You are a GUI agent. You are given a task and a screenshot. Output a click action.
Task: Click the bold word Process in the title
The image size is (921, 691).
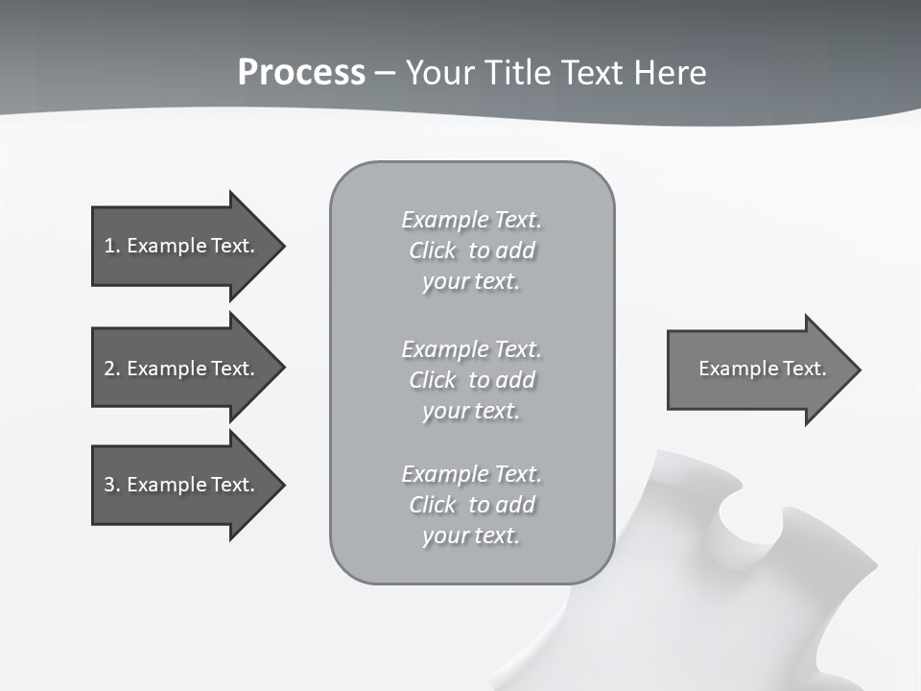pos(301,72)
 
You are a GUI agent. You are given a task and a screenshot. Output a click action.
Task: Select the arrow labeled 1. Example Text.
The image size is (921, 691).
pos(178,246)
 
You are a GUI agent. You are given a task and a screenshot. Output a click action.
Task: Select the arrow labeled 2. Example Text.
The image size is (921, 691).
pos(178,369)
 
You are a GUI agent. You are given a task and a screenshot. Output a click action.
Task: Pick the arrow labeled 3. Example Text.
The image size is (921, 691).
pos(178,485)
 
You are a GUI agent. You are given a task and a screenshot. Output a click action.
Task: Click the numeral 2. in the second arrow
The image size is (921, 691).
pos(111,369)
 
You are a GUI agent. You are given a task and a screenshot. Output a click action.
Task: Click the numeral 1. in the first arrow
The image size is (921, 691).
pos(111,246)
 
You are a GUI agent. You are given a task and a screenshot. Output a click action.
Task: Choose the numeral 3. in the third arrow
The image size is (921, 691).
pos(111,485)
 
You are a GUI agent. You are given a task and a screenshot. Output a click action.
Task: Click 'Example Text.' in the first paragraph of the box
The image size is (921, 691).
pos(471,220)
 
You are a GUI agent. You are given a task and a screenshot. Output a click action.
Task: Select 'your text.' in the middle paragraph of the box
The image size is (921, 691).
pos(471,411)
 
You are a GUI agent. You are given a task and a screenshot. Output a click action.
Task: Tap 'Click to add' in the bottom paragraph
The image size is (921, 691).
pos(471,505)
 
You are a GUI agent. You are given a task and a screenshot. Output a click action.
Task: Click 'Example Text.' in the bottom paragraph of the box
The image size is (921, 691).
pos(471,474)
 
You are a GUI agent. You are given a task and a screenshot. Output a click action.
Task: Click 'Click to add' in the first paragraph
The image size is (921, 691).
pos(471,250)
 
